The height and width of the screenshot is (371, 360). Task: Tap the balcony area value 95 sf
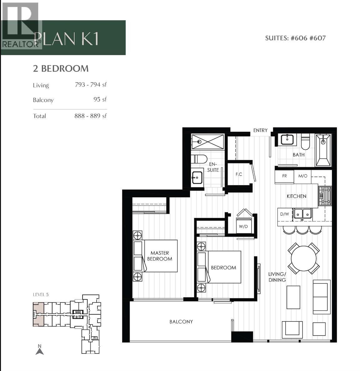pyautogui.click(x=100, y=99)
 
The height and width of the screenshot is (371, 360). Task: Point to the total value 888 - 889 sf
pyautogui.click(x=90, y=116)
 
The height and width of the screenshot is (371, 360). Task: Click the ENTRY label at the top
pyautogui.click(x=260, y=130)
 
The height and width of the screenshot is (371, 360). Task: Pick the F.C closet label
pyautogui.click(x=239, y=174)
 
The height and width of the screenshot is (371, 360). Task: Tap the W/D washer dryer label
pyautogui.click(x=243, y=226)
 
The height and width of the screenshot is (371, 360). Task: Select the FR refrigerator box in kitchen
pyautogui.click(x=284, y=176)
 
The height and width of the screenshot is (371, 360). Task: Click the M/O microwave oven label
pyautogui.click(x=303, y=176)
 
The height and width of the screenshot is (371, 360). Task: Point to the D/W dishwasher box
pyautogui.click(x=285, y=214)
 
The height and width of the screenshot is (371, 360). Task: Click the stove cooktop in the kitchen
pyautogui.click(x=325, y=196)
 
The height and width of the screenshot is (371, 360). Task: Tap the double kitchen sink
pyautogui.click(x=302, y=214)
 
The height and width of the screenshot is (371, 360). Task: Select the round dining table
pyautogui.click(x=303, y=259)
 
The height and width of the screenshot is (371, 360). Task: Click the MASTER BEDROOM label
pyautogui.click(x=159, y=256)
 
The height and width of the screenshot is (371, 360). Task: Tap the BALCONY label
pyautogui.click(x=181, y=322)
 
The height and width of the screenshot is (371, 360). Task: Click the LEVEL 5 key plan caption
pyautogui.click(x=41, y=294)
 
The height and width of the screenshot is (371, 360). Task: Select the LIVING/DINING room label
pyautogui.click(x=277, y=277)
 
